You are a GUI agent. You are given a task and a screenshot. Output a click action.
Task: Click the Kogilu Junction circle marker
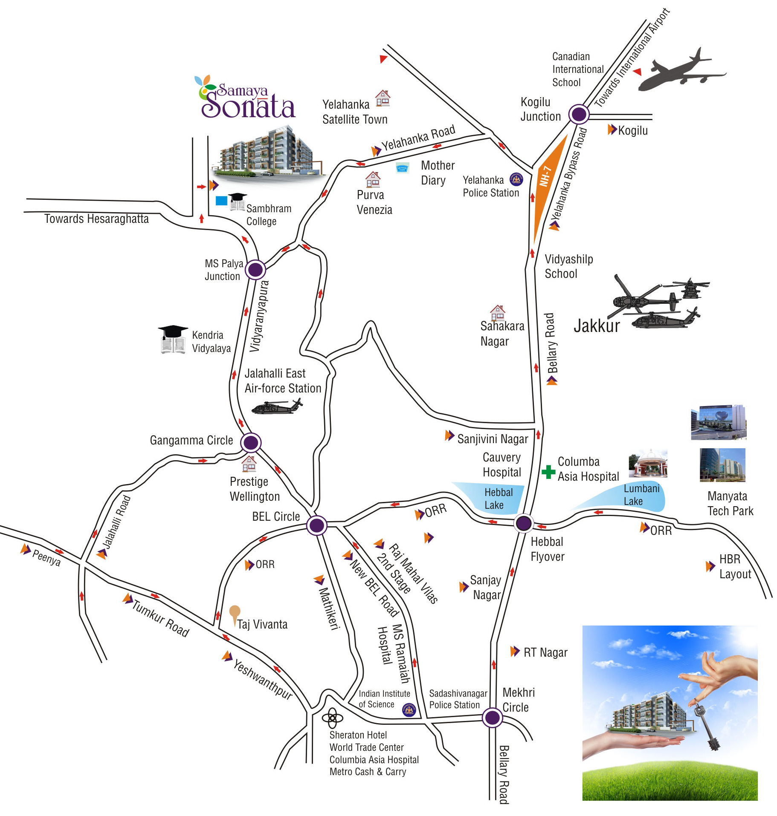click(578, 114)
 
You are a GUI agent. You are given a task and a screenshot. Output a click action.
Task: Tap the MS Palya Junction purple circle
click(255, 269)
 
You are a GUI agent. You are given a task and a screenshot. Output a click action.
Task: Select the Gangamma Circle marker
click(251, 442)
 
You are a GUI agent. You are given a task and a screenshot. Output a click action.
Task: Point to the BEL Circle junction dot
click(317, 525)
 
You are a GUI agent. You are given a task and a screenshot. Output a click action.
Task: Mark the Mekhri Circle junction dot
click(492, 718)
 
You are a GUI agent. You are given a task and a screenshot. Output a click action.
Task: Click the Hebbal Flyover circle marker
click(524, 523)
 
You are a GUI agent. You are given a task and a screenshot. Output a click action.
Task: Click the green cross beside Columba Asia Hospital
click(548, 472)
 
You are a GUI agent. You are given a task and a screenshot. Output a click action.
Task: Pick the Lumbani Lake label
click(641, 495)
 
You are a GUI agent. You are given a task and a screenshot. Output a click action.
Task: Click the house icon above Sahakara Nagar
click(497, 312)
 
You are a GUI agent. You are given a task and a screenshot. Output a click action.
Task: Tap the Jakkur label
click(596, 326)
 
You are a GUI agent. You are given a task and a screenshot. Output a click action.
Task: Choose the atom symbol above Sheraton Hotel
click(332, 719)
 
